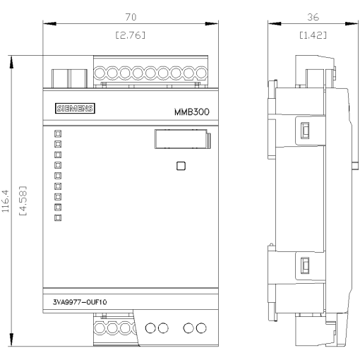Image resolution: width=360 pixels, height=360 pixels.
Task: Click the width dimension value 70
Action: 130,16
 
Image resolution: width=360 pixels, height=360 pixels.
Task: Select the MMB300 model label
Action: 191,112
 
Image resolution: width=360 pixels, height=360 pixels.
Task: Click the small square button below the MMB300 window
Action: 181,167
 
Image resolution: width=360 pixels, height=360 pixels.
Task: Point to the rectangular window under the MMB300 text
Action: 181,140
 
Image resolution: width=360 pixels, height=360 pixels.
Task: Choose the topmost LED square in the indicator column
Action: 58,133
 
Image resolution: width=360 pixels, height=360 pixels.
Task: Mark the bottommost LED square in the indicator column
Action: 58,218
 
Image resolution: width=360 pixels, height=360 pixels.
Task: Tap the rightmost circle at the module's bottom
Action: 201,328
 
